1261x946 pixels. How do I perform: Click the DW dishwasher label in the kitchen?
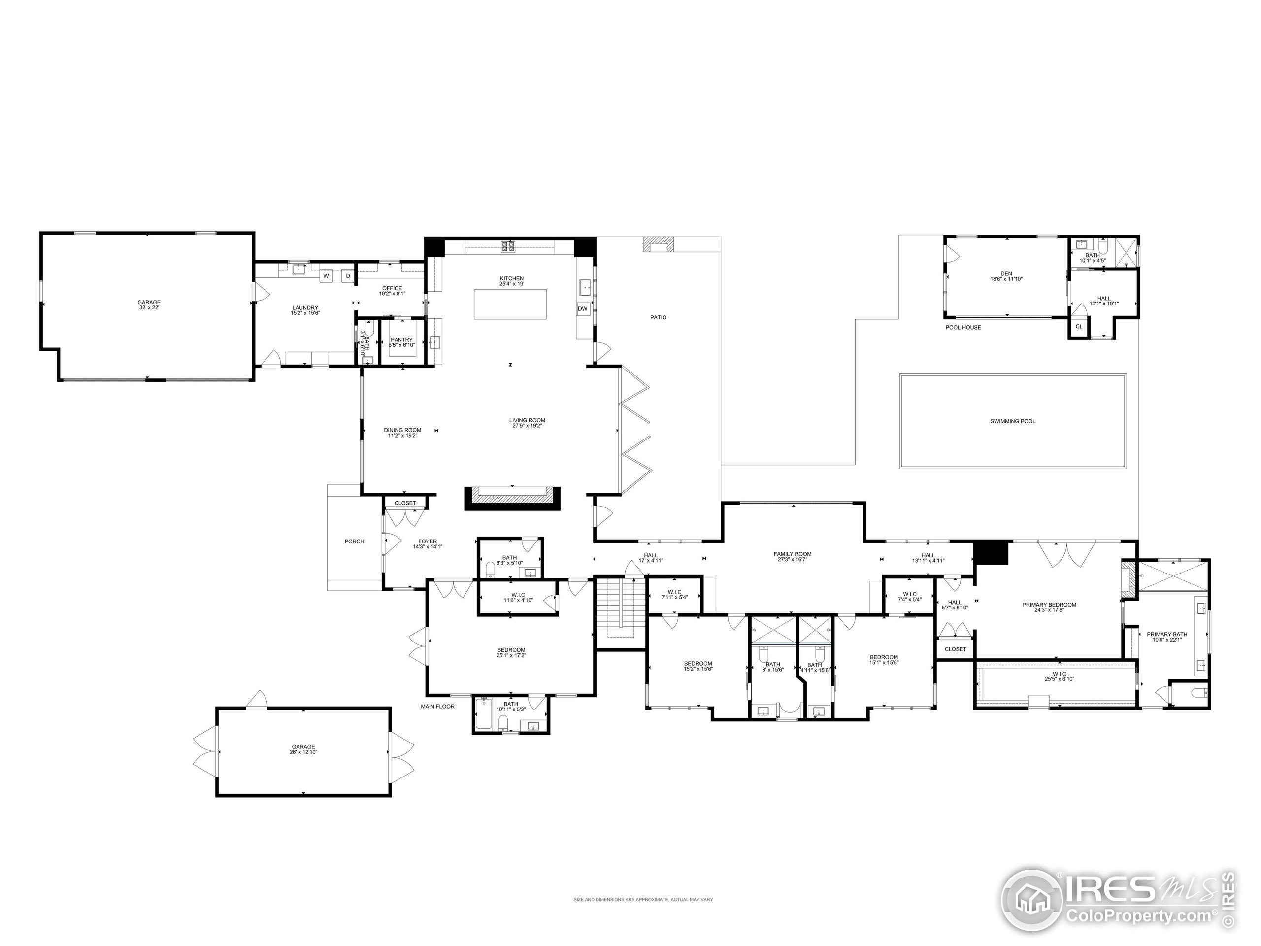582,309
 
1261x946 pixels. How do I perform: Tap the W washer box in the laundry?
326,276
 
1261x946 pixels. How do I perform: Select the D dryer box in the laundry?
348,276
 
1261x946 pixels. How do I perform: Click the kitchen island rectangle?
510,304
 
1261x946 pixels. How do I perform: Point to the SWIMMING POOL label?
1012,421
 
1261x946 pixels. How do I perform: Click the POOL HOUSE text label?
963,327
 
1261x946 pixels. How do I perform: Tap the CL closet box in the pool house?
1079,327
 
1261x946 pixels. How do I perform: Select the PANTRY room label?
401,340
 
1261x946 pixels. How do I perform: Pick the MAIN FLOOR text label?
438,707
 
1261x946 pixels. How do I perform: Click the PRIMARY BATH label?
1167,634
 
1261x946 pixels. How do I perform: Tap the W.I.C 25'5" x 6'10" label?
1059,676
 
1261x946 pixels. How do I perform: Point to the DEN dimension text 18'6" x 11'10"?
1006,279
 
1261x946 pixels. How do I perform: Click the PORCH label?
354,541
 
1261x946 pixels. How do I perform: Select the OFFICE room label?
392,289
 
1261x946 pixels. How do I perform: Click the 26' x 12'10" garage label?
303,752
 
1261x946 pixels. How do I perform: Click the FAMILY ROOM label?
793,554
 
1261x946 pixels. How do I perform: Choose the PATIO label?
658,318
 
